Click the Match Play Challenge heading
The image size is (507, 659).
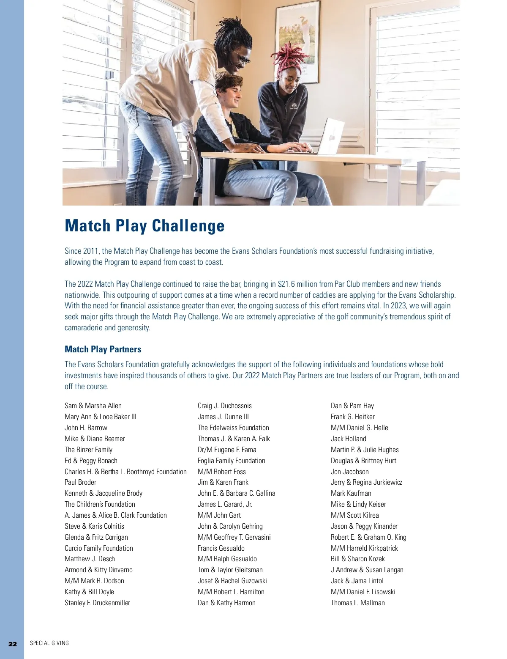(144, 226)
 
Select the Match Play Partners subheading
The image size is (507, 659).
(103, 349)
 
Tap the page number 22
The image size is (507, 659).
(13, 644)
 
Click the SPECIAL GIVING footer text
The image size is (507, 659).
(49, 643)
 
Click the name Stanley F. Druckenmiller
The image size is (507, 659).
(97, 603)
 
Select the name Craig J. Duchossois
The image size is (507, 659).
(224, 406)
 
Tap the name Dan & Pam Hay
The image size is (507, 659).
(352, 406)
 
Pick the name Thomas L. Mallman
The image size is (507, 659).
(357, 603)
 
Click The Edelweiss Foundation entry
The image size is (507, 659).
(233, 428)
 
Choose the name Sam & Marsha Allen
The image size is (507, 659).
(93, 406)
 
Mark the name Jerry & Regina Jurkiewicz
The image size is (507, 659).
(366, 482)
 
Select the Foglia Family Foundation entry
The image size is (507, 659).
(231, 461)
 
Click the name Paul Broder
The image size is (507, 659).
(80, 482)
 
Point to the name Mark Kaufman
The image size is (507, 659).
(351, 493)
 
